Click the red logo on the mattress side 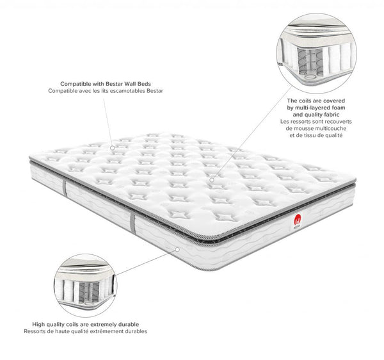pos(298,219)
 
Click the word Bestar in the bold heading pos(114,84)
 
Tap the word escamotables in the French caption pos(129,91)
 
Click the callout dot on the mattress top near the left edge pos(112,148)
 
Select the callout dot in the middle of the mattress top pos(212,180)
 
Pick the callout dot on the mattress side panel pos(177,249)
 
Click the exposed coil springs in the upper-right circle pos(310,61)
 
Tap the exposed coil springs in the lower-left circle pos(89,292)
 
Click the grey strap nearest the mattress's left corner pos(65,188)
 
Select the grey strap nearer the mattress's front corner pos(132,224)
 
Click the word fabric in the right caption pos(332,115)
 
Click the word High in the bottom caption pos(38,325)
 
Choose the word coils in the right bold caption pos(305,101)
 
